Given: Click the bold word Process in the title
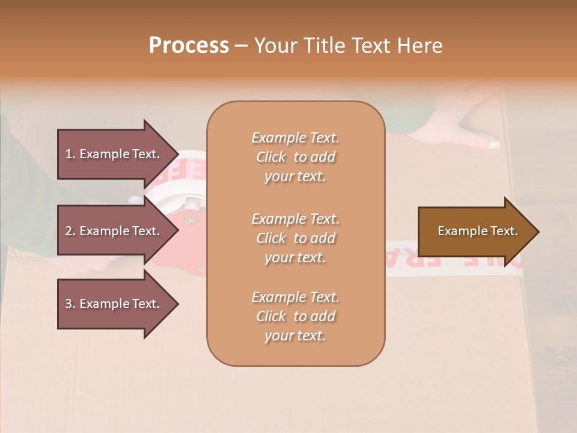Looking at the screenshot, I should (x=189, y=46).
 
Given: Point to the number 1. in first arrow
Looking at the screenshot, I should (x=70, y=154).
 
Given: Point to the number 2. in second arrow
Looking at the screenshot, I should (x=70, y=231).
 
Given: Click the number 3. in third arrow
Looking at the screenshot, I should (x=70, y=304).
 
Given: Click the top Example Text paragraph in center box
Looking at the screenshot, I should (x=295, y=157).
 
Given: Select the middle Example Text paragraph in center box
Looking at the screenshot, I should (x=295, y=238).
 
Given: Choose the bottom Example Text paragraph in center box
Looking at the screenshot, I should (x=295, y=316).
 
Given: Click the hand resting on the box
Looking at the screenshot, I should (x=469, y=135).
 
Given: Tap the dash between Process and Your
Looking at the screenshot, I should (x=241, y=46).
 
